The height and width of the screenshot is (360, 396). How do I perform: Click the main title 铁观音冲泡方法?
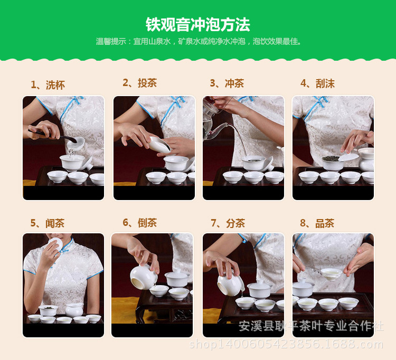click(198, 25)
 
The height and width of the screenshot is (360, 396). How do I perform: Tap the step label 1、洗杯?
click(48, 85)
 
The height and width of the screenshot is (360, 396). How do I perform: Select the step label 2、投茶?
click(140, 83)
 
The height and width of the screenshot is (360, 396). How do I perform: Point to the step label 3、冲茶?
click(227, 83)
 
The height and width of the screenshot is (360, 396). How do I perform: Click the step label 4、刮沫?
click(317, 83)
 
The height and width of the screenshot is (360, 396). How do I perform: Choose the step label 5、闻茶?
click(48, 223)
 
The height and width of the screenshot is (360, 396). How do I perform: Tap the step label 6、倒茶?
click(140, 223)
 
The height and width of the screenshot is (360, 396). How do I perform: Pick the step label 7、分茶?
click(228, 223)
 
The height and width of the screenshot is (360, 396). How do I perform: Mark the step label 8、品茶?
click(317, 223)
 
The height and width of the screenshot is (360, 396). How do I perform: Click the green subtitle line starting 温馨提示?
click(199, 41)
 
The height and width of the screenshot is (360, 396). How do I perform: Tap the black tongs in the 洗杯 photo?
click(52, 136)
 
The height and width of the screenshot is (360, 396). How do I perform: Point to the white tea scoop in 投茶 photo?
click(159, 145)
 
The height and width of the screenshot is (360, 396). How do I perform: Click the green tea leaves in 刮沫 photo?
click(331, 158)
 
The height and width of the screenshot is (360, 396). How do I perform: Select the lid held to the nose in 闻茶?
click(56, 244)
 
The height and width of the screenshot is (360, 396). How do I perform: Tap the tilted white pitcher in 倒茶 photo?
click(144, 277)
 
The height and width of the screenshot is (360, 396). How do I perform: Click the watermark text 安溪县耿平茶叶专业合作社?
click(311, 326)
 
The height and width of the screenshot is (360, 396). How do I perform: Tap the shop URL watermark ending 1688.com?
click(286, 344)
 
